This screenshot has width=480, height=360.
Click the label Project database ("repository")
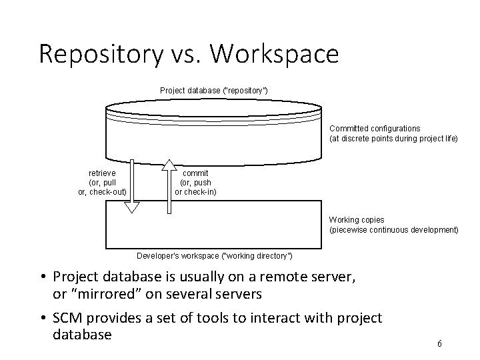click(214, 90)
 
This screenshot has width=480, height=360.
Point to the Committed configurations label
click(375, 128)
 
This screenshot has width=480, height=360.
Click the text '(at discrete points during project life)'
click(394, 139)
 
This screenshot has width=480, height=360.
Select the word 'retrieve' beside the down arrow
click(103, 173)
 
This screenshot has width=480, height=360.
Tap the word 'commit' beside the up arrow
click(195, 173)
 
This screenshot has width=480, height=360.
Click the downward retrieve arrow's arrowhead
click(133, 206)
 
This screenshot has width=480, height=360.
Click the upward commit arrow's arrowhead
click(169, 167)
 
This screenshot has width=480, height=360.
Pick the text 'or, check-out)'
click(103, 193)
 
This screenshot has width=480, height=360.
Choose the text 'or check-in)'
click(195, 193)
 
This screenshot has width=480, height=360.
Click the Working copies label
click(357, 220)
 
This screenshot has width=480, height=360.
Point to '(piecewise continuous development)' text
click(394, 230)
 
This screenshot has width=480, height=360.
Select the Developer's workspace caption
click(214, 255)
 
